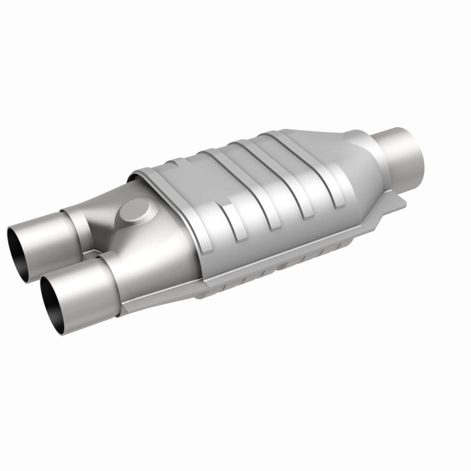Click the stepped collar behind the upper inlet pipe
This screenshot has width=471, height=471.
pyautogui.click(x=73, y=218)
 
